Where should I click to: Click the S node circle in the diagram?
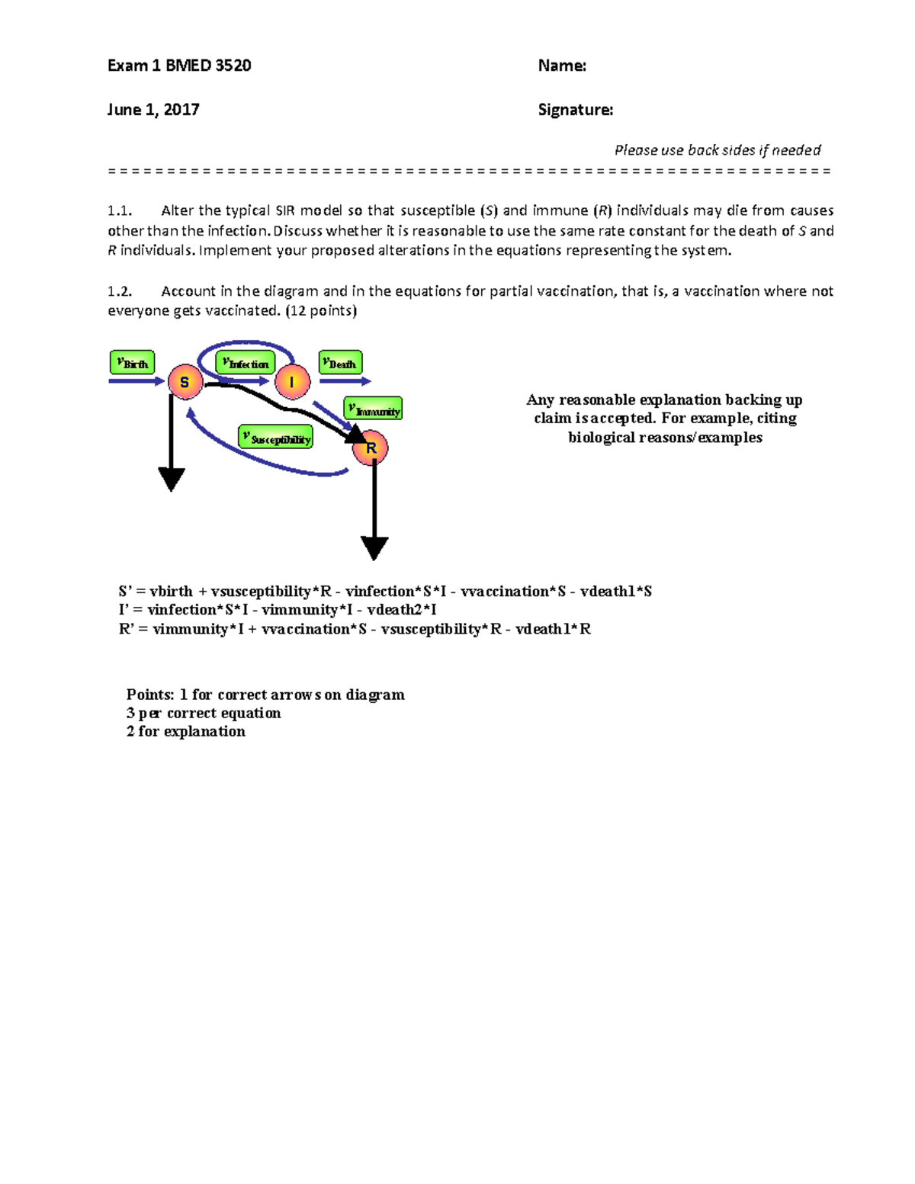tap(185, 382)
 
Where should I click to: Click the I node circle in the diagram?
tap(292, 382)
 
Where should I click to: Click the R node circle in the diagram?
tap(371, 448)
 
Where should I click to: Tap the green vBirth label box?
tap(133, 363)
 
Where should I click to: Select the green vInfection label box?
tap(246, 364)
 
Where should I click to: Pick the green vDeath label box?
tap(340, 363)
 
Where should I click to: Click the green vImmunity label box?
tap(373, 409)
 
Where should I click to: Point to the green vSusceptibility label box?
tap(276, 438)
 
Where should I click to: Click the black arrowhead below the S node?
tap(172, 479)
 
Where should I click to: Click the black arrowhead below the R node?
tap(374, 547)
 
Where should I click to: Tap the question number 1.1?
tap(120, 210)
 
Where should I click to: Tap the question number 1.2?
tap(120, 291)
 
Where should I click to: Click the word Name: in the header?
tap(562, 66)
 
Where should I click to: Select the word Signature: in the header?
tap(575, 110)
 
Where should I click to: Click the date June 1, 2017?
tap(153, 110)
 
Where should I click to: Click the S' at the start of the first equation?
tap(126, 592)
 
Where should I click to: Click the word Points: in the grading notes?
tap(150, 695)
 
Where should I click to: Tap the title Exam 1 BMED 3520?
tap(179, 66)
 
